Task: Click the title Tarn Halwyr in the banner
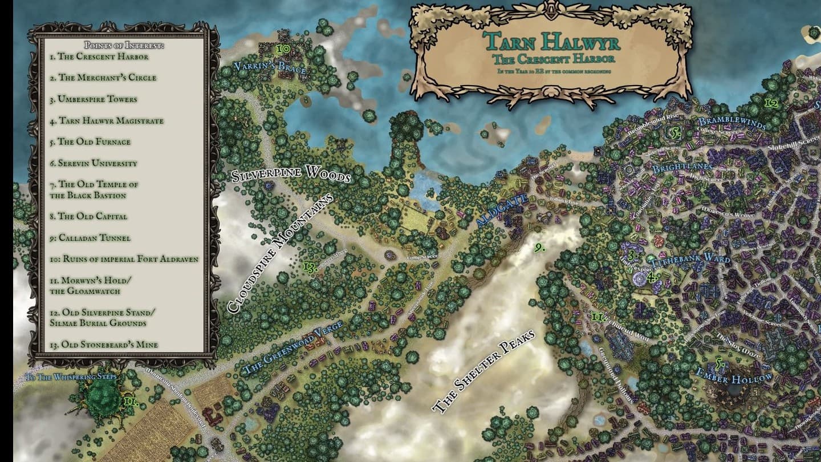click(x=551, y=42)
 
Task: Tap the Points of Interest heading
click(x=124, y=45)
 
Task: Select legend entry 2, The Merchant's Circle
click(x=103, y=78)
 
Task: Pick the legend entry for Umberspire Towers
click(x=93, y=99)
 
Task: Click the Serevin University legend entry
click(x=93, y=163)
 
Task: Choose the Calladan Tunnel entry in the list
click(x=90, y=238)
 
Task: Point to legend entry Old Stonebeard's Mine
click(x=104, y=345)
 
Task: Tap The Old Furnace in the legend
click(x=90, y=141)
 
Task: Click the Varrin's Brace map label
click(x=270, y=69)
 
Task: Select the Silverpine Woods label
click(x=291, y=174)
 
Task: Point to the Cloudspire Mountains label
click(x=279, y=254)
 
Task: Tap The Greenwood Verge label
click(x=292, y=347)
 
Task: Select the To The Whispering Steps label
click(x=72, y=377)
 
